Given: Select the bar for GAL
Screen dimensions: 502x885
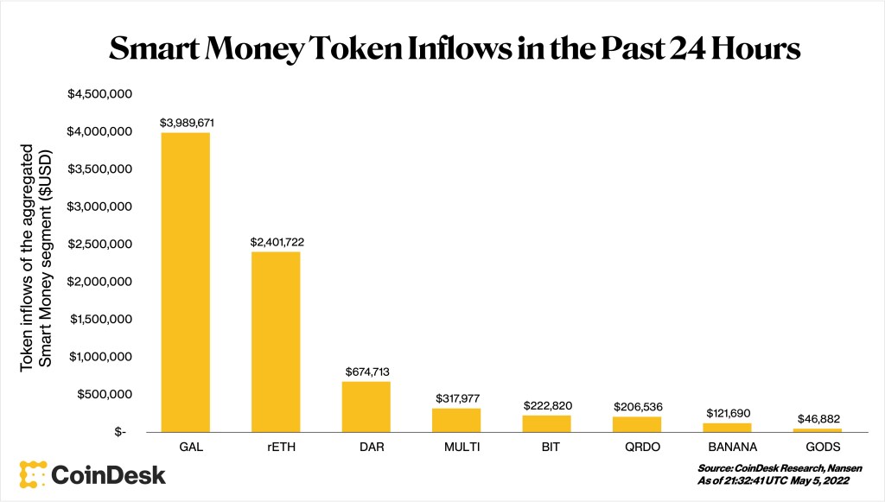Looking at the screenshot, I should click(x=186, y=282).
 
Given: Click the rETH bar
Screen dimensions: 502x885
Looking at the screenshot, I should click(x=276, y=341).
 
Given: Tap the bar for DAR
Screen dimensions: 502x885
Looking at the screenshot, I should click(x=366, y=406).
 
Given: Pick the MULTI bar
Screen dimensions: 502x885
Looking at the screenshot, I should click(x=456, y=419).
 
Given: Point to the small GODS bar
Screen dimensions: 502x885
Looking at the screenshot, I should click(x=818, y=429).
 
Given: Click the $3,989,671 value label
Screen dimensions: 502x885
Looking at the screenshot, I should click(x=187, y=123).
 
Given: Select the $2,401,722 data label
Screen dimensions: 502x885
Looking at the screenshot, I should click(x=276, y=243).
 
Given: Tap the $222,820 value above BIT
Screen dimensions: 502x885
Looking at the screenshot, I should click(x=547, y=405).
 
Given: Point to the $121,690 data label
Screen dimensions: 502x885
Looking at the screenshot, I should click(x=728, y=413).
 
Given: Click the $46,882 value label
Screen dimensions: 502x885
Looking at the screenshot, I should click(x=818, y=418).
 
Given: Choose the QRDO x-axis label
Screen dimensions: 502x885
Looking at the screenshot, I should click(x=637, y=448).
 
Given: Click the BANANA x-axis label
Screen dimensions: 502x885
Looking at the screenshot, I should click(x=728, y=448).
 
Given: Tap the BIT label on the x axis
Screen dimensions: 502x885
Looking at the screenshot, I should click(x=547, y=448).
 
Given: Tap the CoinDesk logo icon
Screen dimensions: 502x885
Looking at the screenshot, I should click(x=33, y=474).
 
